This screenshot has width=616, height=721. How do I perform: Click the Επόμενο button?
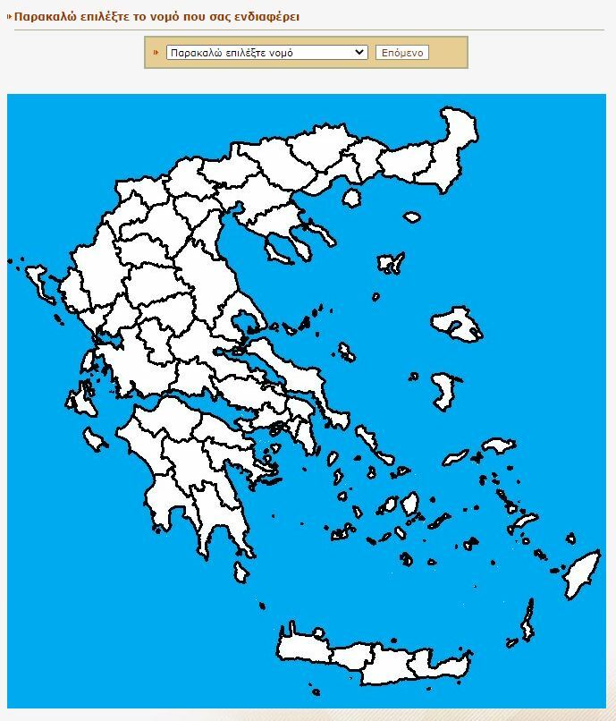(402, 53)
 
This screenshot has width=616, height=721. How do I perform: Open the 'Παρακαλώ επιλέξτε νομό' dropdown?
(266, 53)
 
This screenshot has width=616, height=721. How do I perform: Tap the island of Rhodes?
(582, 574)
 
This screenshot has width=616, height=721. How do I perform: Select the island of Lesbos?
(457, 324)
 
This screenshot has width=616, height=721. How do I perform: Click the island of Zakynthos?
(94, 438)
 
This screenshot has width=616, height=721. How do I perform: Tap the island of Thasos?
(351, 198)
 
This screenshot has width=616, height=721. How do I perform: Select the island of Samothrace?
(411, 216)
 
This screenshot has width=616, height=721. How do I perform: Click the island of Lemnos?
(390, 263)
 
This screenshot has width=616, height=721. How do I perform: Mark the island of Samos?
(496, 445)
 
